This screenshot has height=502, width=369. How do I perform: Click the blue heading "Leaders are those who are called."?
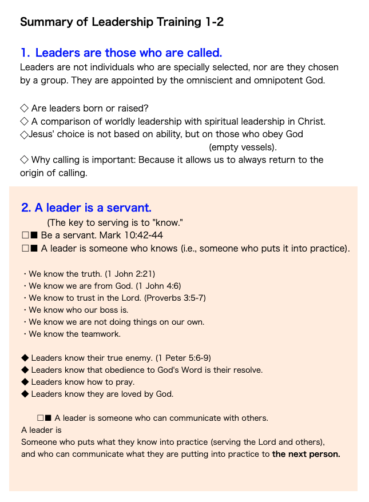[x=128, y=53]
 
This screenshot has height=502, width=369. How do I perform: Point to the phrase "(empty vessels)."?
[x=243, y=147]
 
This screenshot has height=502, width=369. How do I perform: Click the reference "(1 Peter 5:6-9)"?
[x=183, y=358]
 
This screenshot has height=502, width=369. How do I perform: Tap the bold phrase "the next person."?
[x=306, y=455]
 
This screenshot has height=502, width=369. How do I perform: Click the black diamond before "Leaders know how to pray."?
[x=25, y=382]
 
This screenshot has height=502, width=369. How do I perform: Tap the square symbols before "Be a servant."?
[x=29, y=235]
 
